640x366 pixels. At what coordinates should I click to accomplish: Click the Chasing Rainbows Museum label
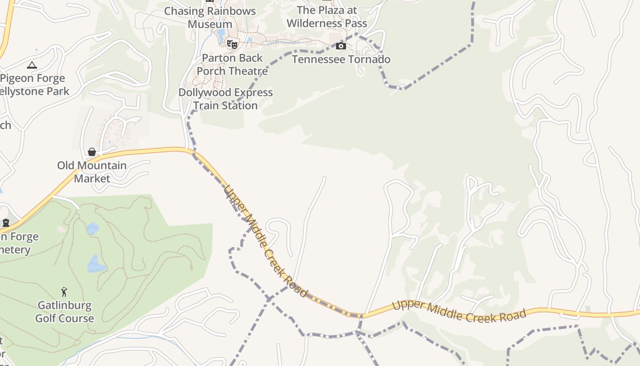210,17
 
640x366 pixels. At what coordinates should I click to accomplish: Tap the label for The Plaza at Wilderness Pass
326,16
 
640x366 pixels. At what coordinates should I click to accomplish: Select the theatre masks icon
232,44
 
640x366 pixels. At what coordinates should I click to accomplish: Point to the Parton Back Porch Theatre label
232,65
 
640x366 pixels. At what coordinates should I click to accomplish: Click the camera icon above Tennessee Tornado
341,46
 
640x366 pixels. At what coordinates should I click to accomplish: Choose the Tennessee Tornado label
341,59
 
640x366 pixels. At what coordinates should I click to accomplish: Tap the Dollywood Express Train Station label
225,99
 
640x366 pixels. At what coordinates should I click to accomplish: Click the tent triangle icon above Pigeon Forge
32,65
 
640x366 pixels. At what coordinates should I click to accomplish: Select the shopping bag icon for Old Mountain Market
92,152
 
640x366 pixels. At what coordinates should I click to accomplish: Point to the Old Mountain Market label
92,172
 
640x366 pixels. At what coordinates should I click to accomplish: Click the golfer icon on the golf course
64,291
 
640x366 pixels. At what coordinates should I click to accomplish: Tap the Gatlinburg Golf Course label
64,312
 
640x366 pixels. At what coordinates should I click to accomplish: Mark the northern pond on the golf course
92,228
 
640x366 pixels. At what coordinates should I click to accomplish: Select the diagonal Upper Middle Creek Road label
265,241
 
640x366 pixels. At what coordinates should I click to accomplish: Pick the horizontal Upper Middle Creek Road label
459,311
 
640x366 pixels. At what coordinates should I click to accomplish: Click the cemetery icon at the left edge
6,223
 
